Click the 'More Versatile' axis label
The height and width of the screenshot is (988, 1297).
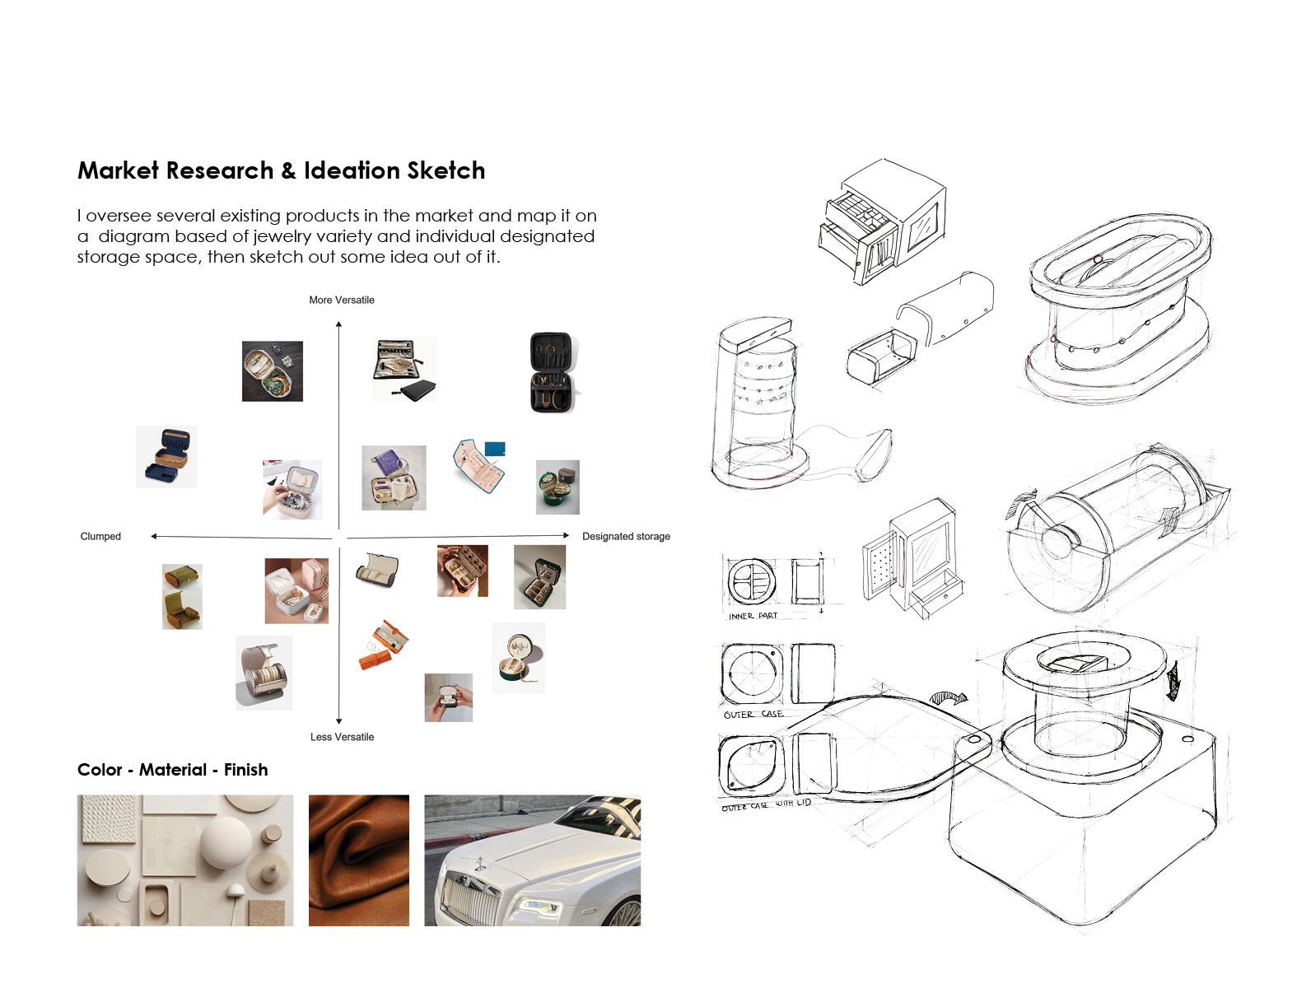click(341, 301)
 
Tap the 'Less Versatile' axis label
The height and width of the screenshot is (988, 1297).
click(342, 737)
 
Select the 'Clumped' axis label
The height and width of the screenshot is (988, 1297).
click(100, 537)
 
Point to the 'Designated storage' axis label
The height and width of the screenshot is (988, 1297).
click(626, 537)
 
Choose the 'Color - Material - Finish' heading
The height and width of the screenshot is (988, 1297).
click(172, 770)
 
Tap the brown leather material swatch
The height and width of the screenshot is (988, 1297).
click(358, 860)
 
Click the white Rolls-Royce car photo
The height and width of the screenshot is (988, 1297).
click(532, 860)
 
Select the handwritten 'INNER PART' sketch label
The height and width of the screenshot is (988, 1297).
click(753, 616)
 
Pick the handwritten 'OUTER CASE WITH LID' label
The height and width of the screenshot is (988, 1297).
click(766, 804)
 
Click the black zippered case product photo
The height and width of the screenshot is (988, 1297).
click(552, 372)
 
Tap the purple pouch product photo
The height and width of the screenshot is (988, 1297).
click(394, 478)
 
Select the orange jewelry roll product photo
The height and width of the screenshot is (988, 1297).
click(384, 645)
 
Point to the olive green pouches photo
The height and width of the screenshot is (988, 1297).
click(182, 597)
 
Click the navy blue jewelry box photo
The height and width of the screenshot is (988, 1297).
click(166, 457)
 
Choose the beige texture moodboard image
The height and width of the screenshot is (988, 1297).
click(185, 860)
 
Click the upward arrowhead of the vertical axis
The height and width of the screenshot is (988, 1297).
click(338, 324)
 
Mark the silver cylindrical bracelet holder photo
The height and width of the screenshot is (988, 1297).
click(264, 673)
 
